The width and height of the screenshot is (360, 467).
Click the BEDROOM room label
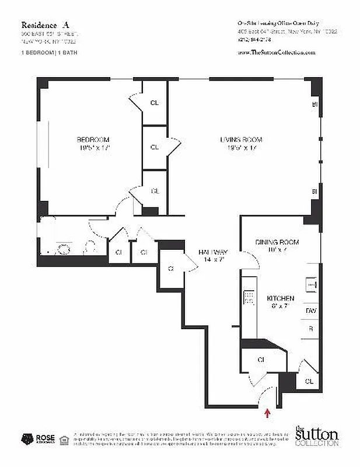click(x=93, y=140)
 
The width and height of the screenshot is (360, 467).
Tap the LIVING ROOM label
click(x=241, y=140)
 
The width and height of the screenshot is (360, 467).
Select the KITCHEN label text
click(x=280, y=298)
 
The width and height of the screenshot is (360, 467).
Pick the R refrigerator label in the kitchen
click(x=310, y=329)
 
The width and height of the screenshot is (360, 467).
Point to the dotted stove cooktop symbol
click(x=249, y=298)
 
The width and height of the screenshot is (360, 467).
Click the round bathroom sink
click(x=64, y=249)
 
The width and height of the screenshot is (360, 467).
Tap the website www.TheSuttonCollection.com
click(x=277, y=52)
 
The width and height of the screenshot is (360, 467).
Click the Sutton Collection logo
click(x=316, y=436)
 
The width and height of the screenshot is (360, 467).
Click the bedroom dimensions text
click(x=93, y=148)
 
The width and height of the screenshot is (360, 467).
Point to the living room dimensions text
click(x=241, y=148)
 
